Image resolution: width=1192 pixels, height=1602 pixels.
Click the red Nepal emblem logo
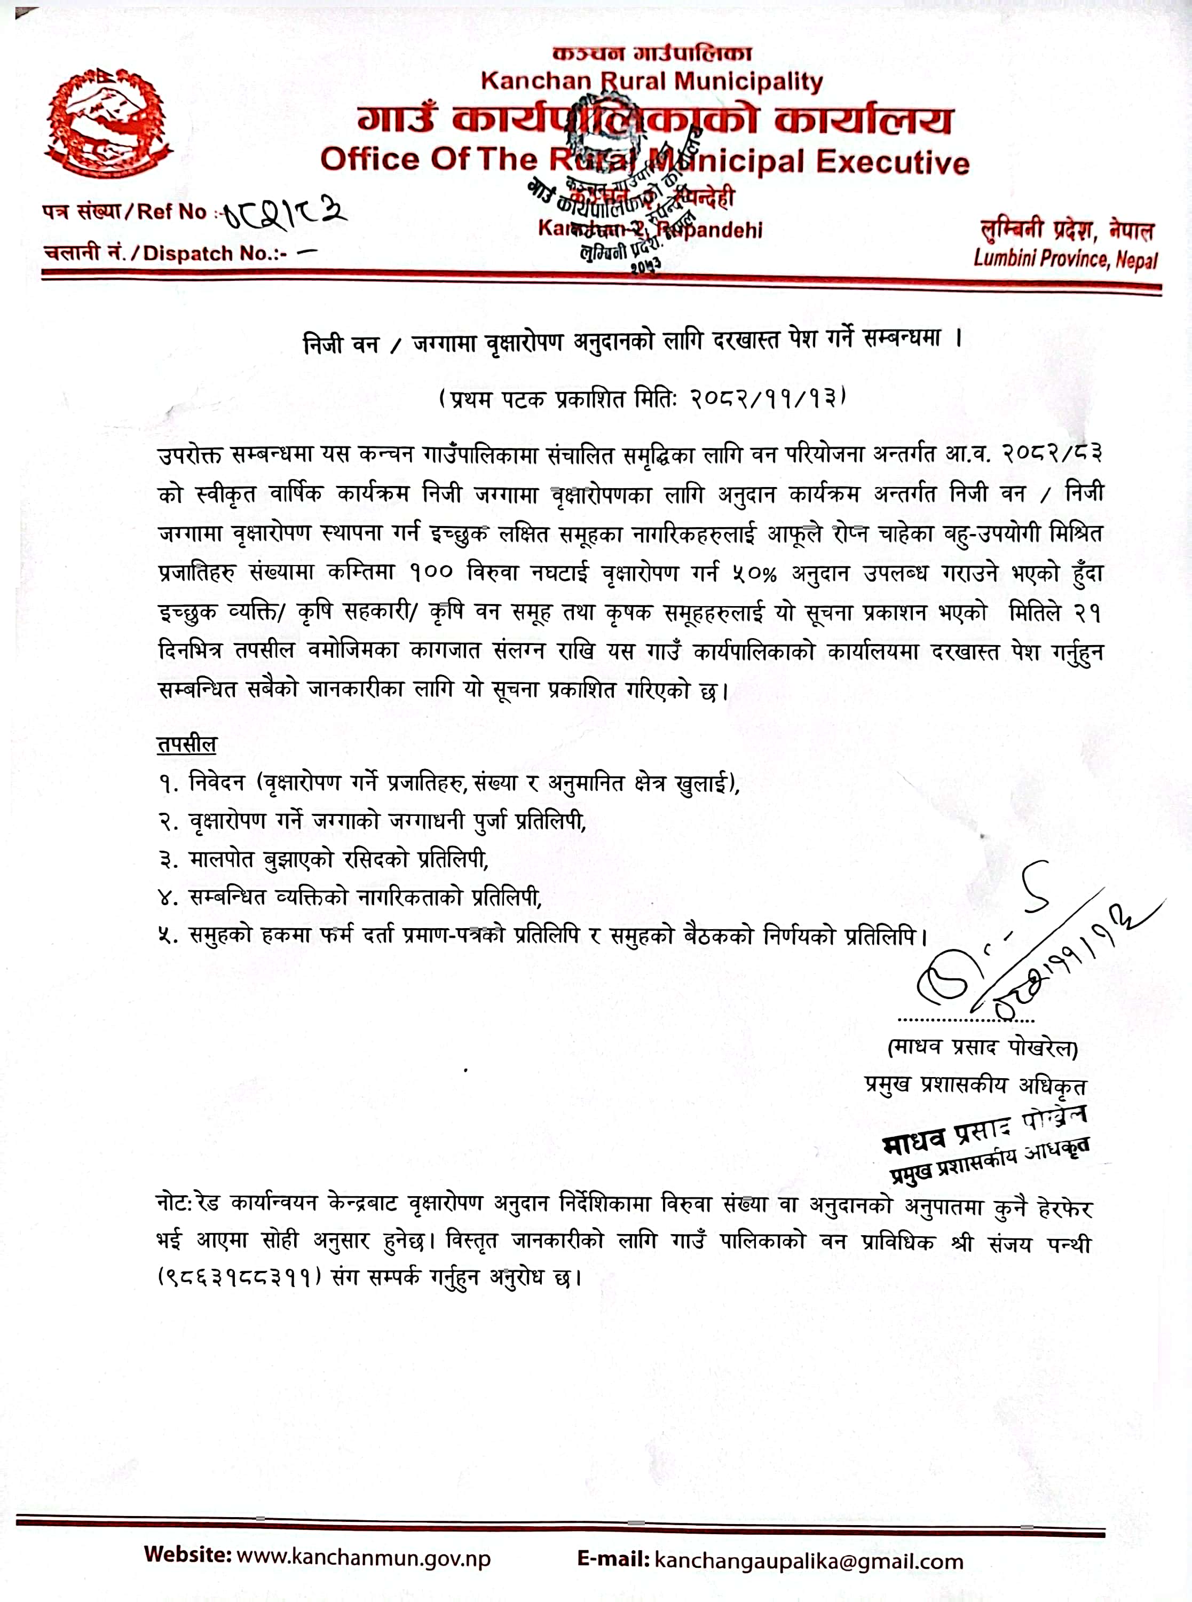click(109, 121)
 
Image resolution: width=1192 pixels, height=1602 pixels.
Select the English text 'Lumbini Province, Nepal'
click(1065, 257)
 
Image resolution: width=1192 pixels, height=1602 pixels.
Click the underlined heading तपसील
click(186, 744)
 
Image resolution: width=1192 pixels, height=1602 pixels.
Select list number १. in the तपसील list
click(168, 783)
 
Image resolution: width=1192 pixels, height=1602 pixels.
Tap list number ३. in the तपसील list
click(168, 859)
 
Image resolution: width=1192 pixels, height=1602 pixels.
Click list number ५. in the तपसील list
click(168, 936)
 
